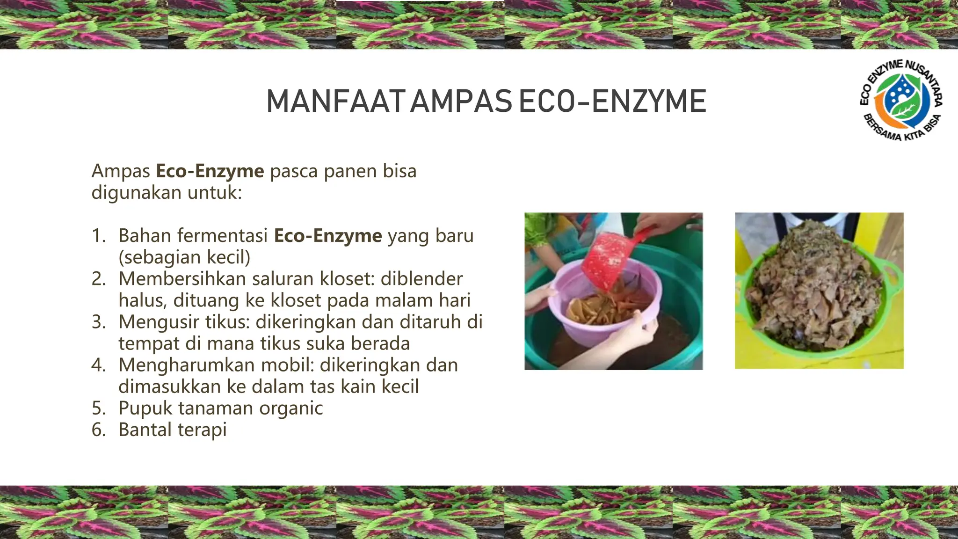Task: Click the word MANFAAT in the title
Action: pos(335,102)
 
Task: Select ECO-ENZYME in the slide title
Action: pos(612,102)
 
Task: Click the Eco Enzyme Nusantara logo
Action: pos(901,101)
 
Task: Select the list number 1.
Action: pos(98,236)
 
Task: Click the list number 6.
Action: pos(98,430)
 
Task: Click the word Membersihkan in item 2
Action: pos(182,279)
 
